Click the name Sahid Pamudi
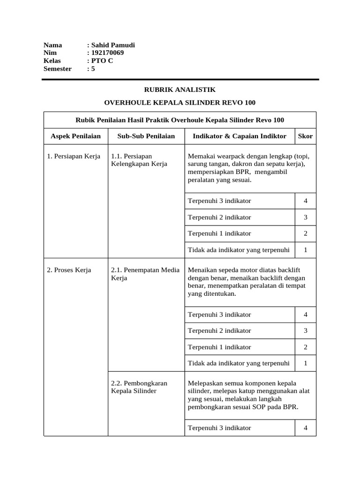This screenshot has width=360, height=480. coord(113,45)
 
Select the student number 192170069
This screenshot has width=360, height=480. coord(107,53)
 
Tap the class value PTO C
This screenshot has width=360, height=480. coord(102,61)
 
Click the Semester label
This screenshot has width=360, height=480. coord(57,69)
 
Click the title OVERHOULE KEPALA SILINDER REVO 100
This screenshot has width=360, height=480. coord(180,103)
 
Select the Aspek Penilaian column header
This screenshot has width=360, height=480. coord(75,136)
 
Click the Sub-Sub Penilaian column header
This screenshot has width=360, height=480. coord(146,136)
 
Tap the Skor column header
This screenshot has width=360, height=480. coord(305,136)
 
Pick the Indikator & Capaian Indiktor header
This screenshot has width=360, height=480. coord(240,136)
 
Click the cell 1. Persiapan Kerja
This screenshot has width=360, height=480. coord(74,156)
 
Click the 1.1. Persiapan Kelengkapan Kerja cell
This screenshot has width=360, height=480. coord(139,160)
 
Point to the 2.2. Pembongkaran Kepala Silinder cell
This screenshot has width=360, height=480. coord(139,387)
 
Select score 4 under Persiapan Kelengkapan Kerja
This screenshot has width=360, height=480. coord(306,201)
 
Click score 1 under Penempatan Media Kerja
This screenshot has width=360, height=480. coord(306,363)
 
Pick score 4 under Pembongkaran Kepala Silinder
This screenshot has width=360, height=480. coord(306,428)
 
